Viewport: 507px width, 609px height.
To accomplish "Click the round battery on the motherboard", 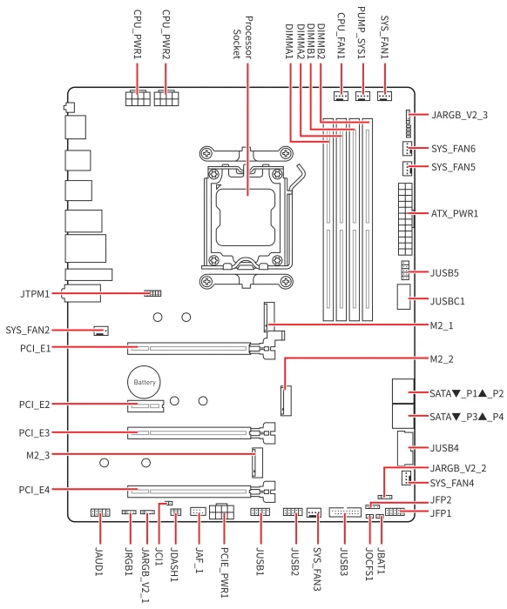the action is pyautogui.click(x=145, y=382).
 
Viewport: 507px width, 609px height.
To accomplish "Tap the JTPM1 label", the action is pyautogui.click(x=35, y=294).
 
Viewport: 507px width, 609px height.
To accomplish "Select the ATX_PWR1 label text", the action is pyautogui.click(x=455, y=214).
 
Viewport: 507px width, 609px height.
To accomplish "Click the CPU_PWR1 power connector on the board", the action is pyautogui.click(x=138, y=97).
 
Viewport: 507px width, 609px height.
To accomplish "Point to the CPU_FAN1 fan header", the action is pyautogui.click(x=341, y=96).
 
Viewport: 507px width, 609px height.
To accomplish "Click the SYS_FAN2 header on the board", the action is pyautogui.click(x=101, y=331).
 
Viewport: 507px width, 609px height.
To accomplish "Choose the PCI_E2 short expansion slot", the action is pyautogui.click(x=145, y=406).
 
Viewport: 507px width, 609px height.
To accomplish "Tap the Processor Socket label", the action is pyautogui.click(x=243, y=37).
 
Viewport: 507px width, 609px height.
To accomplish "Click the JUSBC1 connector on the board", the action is pyautogui.click(x=404, y=297).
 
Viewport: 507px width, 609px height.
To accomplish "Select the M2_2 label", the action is pyautogui.click(x=442, y=358).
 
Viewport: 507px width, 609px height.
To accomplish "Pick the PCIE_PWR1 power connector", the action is pyautogui.click(x=221, y=512).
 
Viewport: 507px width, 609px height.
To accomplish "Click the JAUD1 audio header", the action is pyautogui.click(x=100, y=512).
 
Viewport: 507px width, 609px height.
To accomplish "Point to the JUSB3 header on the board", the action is pyautogui.click(x=345, y=512).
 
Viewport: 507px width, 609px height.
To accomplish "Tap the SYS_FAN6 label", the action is pyautogui.click(x=453, y=149).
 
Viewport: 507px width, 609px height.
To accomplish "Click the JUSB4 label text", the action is pyautogui.click(x=444, y=448).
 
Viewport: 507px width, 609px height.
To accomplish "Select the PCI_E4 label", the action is pyautogui.click(x=35, y=490).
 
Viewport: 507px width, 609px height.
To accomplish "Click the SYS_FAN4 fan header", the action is pyautogui.click(x=406, y=478).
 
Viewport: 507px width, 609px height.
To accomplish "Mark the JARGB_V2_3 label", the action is pyautogui.click(x=459, y=115).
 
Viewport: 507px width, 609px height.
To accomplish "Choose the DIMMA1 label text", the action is pyautogui.click(x=289, y=42).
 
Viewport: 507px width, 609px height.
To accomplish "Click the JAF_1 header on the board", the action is pyautogui.click(x=198, y=512).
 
